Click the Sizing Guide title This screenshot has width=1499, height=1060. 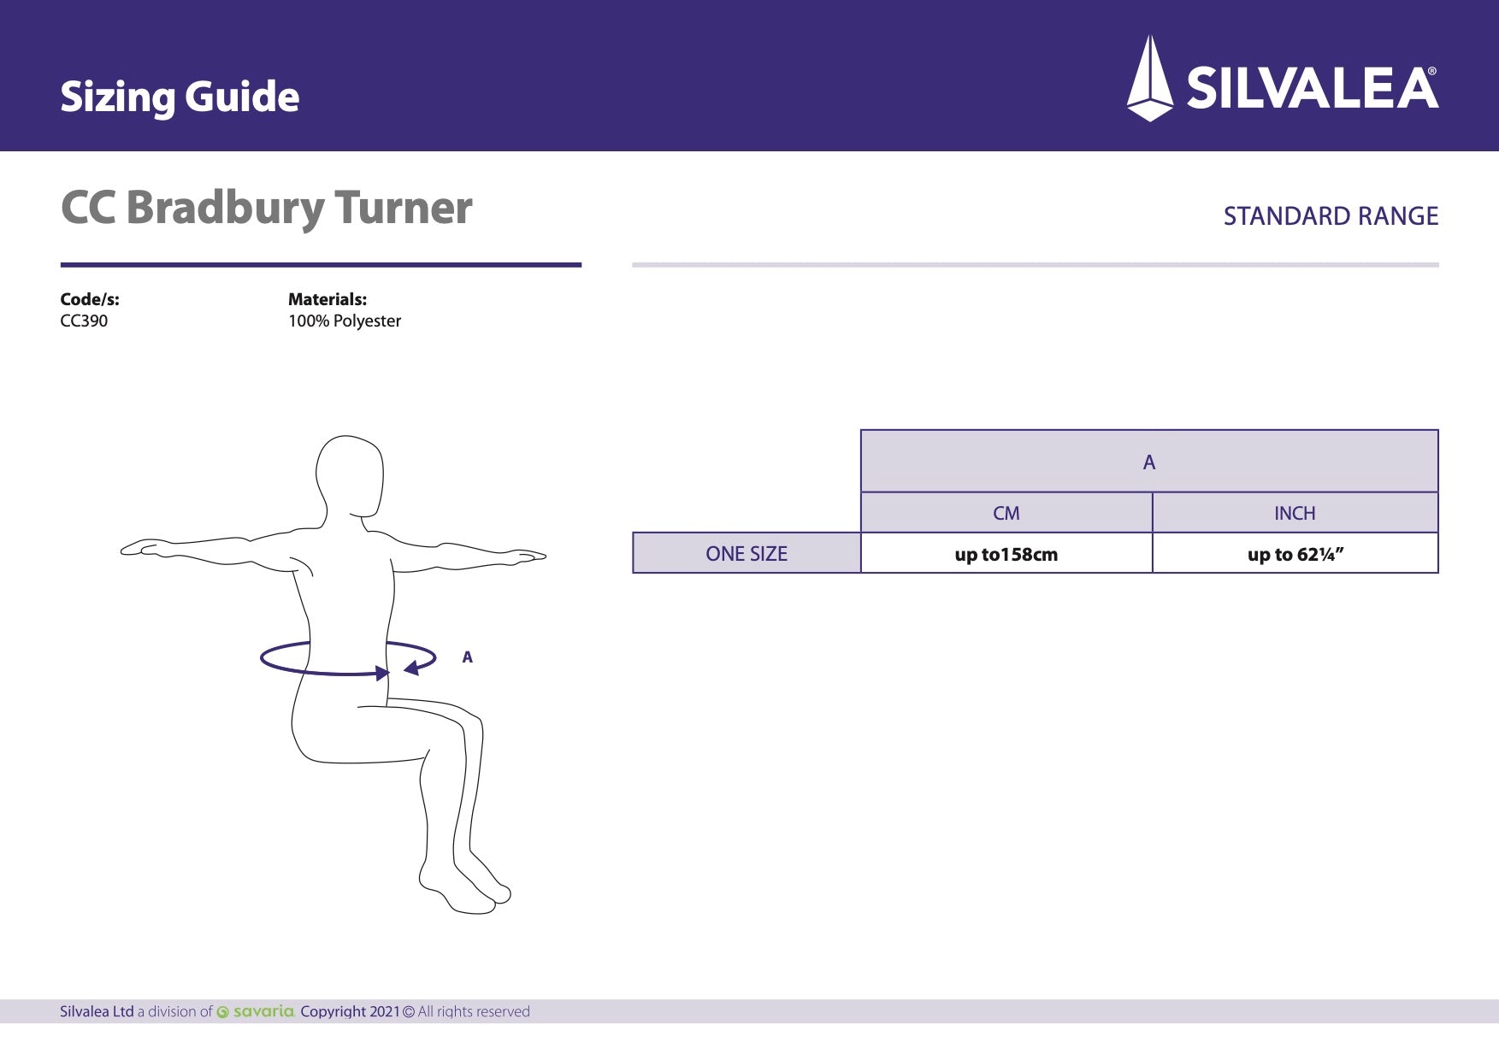[180, 97]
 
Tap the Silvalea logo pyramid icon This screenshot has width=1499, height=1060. [1150, 79]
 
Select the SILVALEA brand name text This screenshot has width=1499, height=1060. [1312, 89]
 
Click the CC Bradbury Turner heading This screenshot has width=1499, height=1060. [266, 208]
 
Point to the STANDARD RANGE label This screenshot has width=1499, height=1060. [1331, 216]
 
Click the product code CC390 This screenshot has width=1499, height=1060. [84, 321]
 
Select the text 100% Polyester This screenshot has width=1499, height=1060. [345, 321]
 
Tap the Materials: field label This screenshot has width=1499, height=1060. [328, 299]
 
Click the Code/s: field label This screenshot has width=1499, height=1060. [90, 299]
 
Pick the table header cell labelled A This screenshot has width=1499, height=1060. [1149, 462]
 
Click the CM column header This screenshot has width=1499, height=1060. [1006, 514]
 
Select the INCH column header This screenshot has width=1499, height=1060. [1295, 514]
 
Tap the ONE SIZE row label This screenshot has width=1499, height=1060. [747, 554]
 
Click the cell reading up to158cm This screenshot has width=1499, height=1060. [1006, 555]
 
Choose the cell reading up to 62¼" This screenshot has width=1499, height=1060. [1295, 555]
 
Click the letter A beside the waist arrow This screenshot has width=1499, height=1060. [467, 657]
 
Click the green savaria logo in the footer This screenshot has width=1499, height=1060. [257, 1012]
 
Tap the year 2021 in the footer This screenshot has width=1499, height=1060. [384, 1012]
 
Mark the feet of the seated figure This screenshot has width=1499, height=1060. [466, 889]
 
